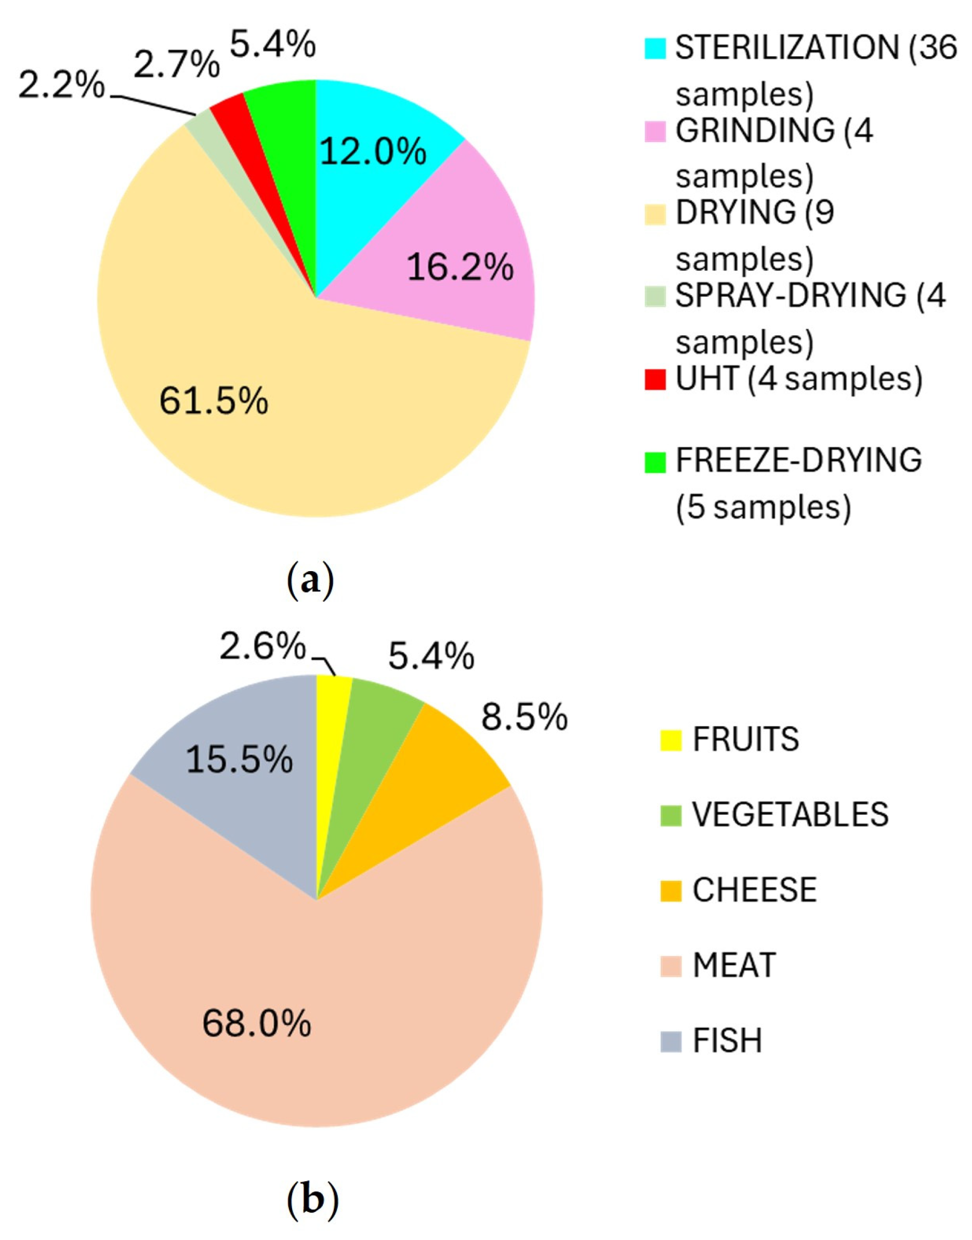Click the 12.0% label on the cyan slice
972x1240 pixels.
tap(373, 152)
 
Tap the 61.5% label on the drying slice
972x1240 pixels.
tap(214, 401)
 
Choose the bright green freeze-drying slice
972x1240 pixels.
tap(284, 114)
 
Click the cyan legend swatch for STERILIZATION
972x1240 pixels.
tap(655, 48)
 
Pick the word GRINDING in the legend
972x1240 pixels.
tap(755, 131)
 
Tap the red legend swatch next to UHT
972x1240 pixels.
tap(655, 379)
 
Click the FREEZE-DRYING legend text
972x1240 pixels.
tap(798, 460)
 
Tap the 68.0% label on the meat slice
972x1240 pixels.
tap(257, 1024)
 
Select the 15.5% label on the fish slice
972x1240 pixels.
tap(239, 761)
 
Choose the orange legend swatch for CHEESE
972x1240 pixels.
tap(671, 891)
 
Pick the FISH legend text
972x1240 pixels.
tap(727, 1041)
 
